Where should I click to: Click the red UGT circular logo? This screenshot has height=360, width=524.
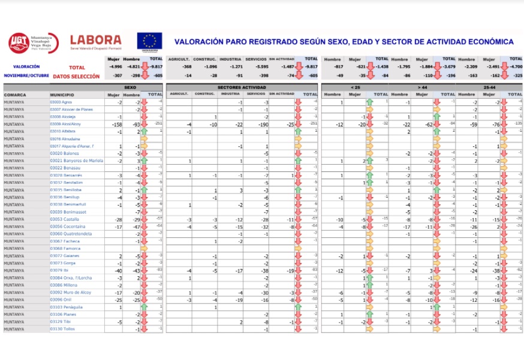coord(19,43)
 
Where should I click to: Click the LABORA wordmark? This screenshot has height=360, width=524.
coord(95,40)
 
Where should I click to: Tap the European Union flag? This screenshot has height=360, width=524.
coord(149,42)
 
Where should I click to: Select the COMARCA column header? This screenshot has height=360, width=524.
coord(15,95)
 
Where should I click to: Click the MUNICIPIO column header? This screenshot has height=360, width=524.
coord(62,95)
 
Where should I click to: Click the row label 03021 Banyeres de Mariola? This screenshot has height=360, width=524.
coord(76,161)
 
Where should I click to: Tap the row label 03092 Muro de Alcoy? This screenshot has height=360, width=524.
coord(70,292)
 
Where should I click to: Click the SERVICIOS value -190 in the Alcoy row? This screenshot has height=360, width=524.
coord(262,124)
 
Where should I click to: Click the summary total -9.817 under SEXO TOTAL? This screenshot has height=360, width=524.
coord(156,67)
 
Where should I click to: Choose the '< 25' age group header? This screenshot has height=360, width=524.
coord(355,87)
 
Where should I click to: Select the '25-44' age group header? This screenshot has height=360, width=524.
coord(489,87)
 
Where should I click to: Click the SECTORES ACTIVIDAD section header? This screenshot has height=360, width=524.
coord(242,87)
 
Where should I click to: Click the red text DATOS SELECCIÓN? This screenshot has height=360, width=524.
coord(76,77)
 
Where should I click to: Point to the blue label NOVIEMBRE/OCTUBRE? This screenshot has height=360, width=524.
coord(26,76)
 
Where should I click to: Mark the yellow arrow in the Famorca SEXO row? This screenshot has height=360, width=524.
coord(144,249)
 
